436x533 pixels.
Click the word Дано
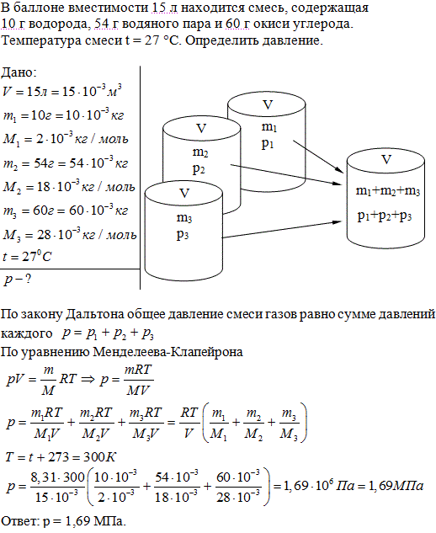click(19, 72)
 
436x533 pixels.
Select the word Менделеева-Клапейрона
click(167, 352)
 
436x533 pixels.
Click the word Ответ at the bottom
click(20, 520)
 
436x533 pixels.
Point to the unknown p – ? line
click(18, 280)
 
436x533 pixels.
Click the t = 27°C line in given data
click(27, 256)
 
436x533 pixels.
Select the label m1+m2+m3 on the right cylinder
click(387, 191)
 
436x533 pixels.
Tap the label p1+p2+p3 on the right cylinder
click(385, 216)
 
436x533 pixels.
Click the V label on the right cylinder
click(386, 159)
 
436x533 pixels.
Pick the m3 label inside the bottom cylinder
click(184, 218)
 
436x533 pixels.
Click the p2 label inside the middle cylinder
click(199, 169)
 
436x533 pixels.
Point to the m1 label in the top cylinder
click(269, 127)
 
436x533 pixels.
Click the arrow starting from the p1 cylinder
click(318, 157)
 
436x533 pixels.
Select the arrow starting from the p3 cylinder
click(282, 229)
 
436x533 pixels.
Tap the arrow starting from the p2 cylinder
click(286, 175)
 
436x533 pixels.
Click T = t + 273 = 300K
click(61, 457)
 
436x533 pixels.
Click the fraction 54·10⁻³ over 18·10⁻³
click(177, 487)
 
